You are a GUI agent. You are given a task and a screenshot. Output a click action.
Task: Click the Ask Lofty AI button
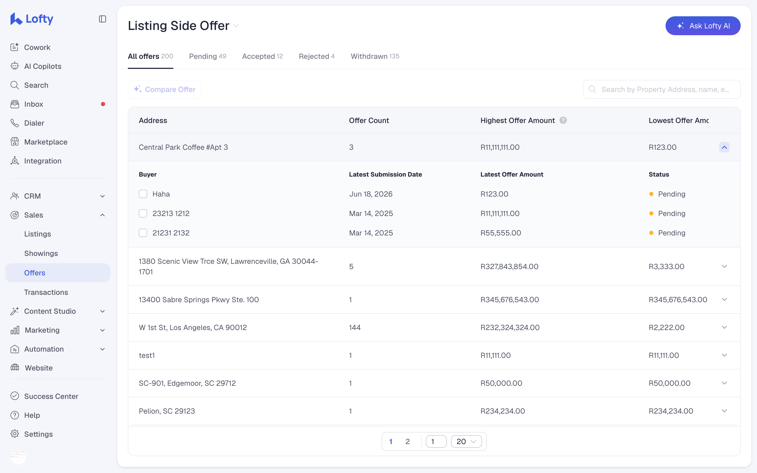pyautogui.click(x=703, y=26)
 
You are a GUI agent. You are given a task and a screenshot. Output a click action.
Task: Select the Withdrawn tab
pyautogui.click(x=375, y=56)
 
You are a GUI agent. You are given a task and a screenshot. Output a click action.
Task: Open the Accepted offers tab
pyautogui.click(x=262, y=56)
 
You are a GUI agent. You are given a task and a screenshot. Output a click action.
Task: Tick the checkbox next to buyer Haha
pyautogui.click(x=143, y=194)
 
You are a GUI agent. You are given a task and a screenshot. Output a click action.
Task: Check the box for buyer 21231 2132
pyautogui.click(x=143, y=233)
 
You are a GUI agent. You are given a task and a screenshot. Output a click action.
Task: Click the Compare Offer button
pyautogui.click(x=165, y=89)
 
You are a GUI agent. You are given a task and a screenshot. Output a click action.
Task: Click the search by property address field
pyautogui.click(x=662, y=89)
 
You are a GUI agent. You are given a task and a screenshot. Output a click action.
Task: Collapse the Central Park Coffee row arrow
pyautogui.click(x=724, y=147)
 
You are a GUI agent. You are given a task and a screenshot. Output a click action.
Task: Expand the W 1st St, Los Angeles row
pyautogui.click(x=724, y=327)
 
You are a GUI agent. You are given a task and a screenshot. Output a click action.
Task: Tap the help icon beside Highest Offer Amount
pyautogui.click(x=563, y=120)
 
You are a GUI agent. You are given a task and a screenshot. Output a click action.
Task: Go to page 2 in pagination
pyautogui.click(x=407, y=441)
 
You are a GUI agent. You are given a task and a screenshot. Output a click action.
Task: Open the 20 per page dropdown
pyautogui.click(x=466, y=441)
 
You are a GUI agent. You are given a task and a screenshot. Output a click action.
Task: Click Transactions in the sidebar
pyautogui.click(x=46, y=292)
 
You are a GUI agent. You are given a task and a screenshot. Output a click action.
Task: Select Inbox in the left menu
pyautogui.click(x=33, y=104)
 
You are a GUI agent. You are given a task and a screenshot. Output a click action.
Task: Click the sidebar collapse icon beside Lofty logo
pyautogui.click(x=102, y=19)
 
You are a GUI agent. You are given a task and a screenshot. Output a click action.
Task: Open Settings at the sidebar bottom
pyautogui.click(x=38, y=434)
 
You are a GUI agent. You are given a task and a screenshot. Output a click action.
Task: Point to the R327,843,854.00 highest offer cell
pyautogui.click(x=509, y=266)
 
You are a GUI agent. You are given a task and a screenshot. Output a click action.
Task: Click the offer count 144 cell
pyautogui.click(x=355, y=327)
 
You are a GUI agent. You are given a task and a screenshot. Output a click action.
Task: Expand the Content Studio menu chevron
pyautogui.click(x=102, y=311)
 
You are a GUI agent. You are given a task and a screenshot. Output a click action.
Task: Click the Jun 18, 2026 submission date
pyautogui.click(x=371, y=194)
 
